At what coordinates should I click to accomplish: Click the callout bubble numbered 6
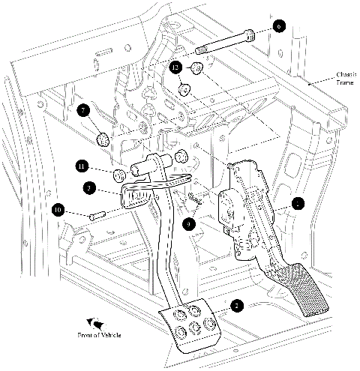pyautogui.click(x=278, y=26)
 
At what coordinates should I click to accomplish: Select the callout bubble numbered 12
pyautogui.click(x=175, y=66)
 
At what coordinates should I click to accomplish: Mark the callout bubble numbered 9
pyautogui.click(x=189, y=223)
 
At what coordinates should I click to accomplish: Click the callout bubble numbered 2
pyautogui.click(x=236, y=306)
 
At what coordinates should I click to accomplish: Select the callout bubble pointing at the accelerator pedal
pyautogui.click(x=298, y=203)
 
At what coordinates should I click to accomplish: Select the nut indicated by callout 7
pyautogui.click(x=103, y=139)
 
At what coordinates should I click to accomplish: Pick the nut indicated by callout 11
pyautogui.click(x=118, y=176)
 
